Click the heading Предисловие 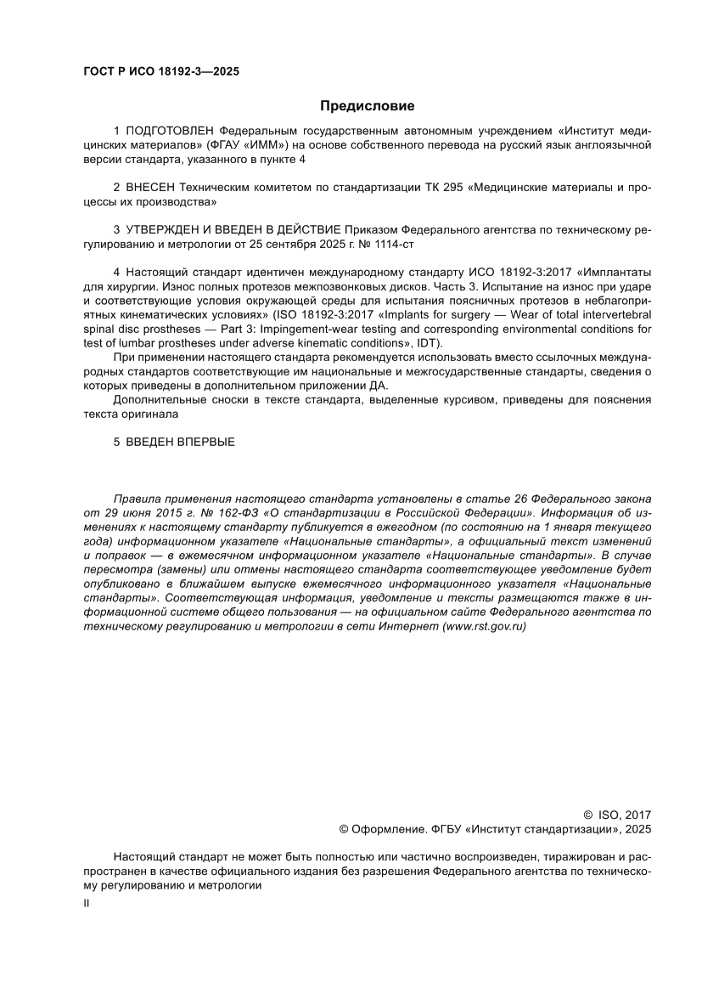tap(367, 106)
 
